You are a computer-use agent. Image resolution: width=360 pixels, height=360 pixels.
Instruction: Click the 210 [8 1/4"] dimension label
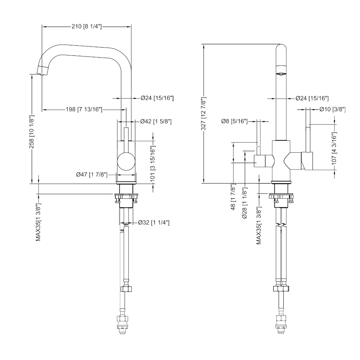[87, 26]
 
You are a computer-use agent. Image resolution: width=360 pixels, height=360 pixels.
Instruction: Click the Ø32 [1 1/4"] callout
[154, 223]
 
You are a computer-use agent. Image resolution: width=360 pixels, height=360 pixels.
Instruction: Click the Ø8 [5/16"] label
[234, 121]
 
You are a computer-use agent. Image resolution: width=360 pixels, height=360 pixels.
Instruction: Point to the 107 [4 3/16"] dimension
[334, 149]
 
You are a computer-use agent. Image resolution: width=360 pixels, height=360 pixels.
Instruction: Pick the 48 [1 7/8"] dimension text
[233, 198]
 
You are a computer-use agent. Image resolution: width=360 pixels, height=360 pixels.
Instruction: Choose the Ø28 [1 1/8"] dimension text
[245, 204]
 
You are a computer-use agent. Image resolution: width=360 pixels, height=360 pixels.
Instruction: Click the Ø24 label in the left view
[157, 98]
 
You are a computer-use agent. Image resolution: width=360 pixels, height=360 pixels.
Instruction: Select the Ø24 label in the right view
[312, 98]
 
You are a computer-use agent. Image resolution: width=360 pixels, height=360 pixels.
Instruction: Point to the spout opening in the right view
[280, 73]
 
